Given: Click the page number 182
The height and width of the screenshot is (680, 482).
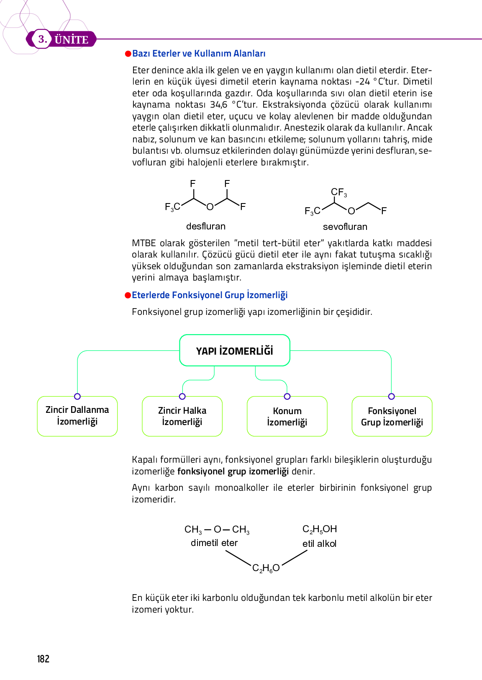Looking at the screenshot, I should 43,659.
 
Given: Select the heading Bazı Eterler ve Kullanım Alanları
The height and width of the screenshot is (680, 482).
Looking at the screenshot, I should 199,54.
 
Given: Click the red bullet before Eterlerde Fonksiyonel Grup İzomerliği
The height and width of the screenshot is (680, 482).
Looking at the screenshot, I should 128,295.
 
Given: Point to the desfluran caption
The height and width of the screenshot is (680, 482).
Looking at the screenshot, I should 205,226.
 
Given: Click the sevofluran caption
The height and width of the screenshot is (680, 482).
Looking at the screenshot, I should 345,227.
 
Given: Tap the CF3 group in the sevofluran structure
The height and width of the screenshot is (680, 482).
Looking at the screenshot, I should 338,192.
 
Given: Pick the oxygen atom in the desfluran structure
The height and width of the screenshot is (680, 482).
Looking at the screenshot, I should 210,206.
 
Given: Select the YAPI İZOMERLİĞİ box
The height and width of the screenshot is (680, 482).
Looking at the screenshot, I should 234,350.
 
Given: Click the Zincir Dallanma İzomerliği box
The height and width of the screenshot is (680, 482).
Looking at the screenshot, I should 77,416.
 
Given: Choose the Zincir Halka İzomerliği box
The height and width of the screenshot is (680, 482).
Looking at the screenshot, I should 182,416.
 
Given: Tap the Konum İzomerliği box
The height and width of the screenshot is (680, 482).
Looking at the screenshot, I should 287,416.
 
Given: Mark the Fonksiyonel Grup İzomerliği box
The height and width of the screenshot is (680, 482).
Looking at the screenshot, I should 392,416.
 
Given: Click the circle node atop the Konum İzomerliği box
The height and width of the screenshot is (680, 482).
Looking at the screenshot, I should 287,397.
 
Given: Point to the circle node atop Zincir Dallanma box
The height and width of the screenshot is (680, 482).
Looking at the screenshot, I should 77,397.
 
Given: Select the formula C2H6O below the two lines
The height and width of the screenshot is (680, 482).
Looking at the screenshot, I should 266,568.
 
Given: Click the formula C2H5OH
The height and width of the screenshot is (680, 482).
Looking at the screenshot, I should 320,529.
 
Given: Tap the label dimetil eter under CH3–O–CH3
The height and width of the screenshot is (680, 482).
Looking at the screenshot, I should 214,543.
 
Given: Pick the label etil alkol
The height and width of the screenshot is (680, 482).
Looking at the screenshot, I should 319,543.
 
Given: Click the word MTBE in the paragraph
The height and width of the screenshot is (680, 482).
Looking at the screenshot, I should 144,243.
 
